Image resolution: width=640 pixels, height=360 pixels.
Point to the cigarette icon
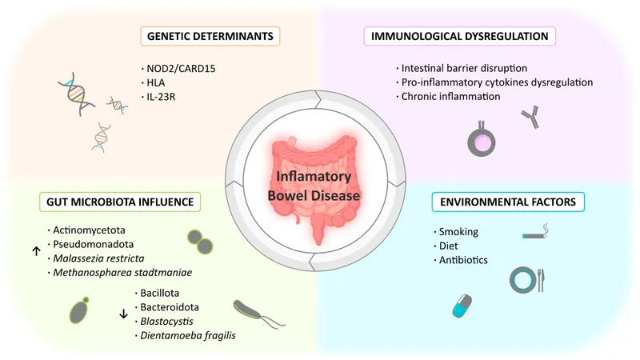point(537,236)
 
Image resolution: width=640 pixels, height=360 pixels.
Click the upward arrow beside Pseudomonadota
point(36,250)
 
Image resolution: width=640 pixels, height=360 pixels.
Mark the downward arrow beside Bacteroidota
point(123,313)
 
